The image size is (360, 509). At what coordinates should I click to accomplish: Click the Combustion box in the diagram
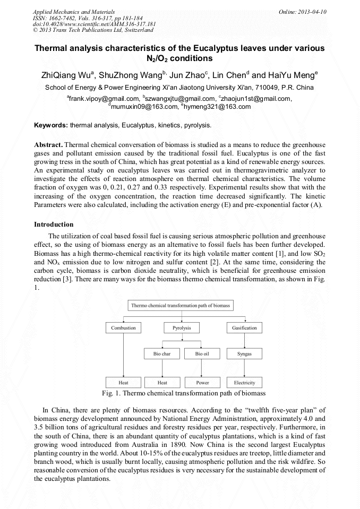(x=124, y=328)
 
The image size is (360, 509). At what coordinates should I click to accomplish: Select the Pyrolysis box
(x=182, y=328)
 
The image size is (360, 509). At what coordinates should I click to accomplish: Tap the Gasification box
(x=244, y=328)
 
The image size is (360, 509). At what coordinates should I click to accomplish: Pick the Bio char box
(x=162, y=353)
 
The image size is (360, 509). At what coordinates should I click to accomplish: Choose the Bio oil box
(x=202, y=353)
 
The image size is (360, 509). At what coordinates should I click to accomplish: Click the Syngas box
(x=244, y=353)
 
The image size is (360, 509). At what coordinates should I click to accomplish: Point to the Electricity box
(x=244, y=382)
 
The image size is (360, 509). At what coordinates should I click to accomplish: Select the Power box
(x=202, y=382)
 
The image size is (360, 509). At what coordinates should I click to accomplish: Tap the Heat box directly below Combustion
(x=124, y=382)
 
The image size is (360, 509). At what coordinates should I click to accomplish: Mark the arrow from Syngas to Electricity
(x=244, y=368)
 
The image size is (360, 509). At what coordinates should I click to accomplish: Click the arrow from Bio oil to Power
(x=202, y=368)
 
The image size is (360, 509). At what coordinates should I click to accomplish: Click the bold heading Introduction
(x=54, y=225)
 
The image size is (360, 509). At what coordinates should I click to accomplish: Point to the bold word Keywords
(x=50, y=126)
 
